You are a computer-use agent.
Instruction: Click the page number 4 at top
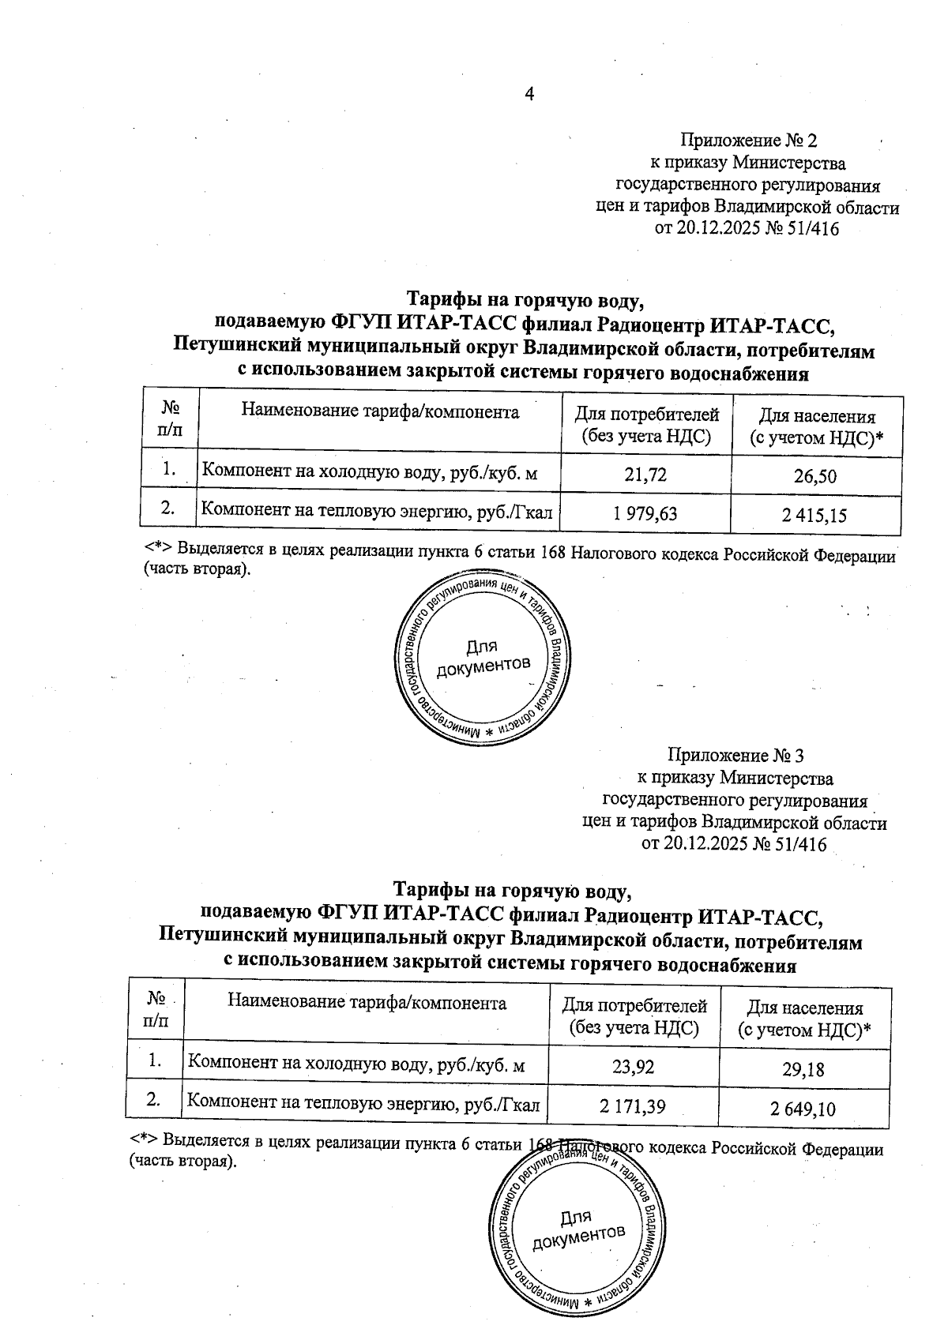(x=530, y=94)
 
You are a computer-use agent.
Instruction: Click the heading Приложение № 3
(x=735, y=756)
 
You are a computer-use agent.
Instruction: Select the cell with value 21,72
(x=645, y=474)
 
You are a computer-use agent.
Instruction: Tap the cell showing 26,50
(x=817, y=476)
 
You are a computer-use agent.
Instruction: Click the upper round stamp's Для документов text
(x=482, y=657)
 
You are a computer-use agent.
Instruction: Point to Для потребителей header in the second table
(x=634, y=1016)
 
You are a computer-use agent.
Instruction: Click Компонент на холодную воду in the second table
(x=355, y=1065)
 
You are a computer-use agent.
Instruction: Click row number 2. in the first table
(x=167, y=509)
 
